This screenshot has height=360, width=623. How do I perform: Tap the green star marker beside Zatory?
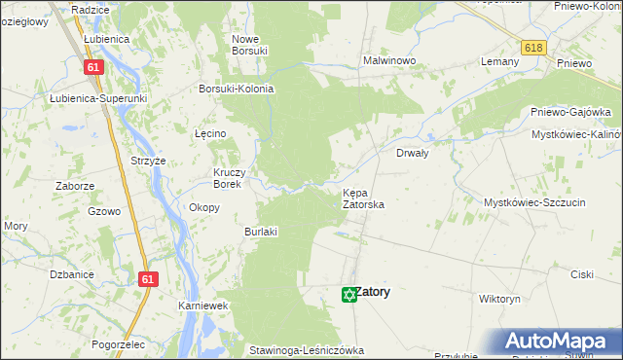(x=348, y=294)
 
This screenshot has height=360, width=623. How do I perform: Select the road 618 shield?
(x=532, y=48)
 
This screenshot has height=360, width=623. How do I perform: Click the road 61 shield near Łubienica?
(x=93, y=66)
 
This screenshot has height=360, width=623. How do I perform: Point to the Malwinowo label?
(x=389, y=60)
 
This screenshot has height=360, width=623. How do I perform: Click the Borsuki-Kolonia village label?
(x=237, y=89)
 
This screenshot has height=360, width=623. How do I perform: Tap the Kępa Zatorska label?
(x=364, y=198)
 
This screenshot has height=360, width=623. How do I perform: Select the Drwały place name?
(x=413, y=153)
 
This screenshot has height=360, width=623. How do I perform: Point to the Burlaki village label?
(x=261, y=232)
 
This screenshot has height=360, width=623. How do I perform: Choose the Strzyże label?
(x=149, y=161)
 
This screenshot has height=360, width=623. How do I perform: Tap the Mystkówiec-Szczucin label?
(x=534, y=201)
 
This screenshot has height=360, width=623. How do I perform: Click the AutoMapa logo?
(x=563, y=341)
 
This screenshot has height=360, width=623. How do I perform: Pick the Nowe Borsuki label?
(x=249, y=45)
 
